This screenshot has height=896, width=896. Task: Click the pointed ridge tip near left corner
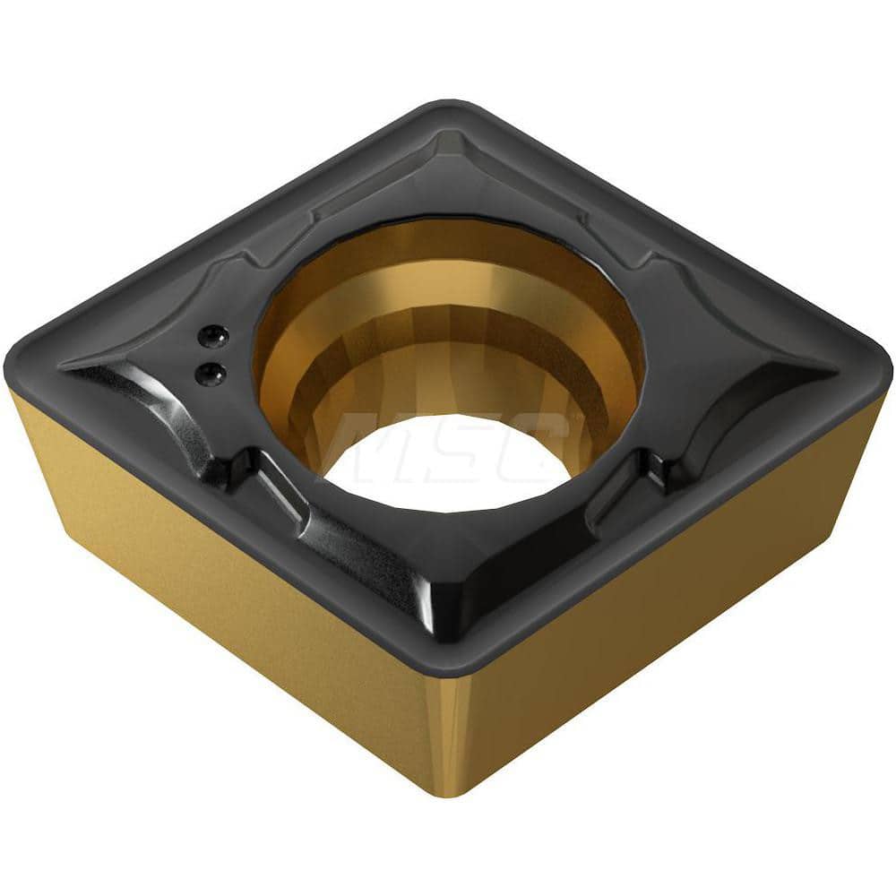(x=72, y=367)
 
